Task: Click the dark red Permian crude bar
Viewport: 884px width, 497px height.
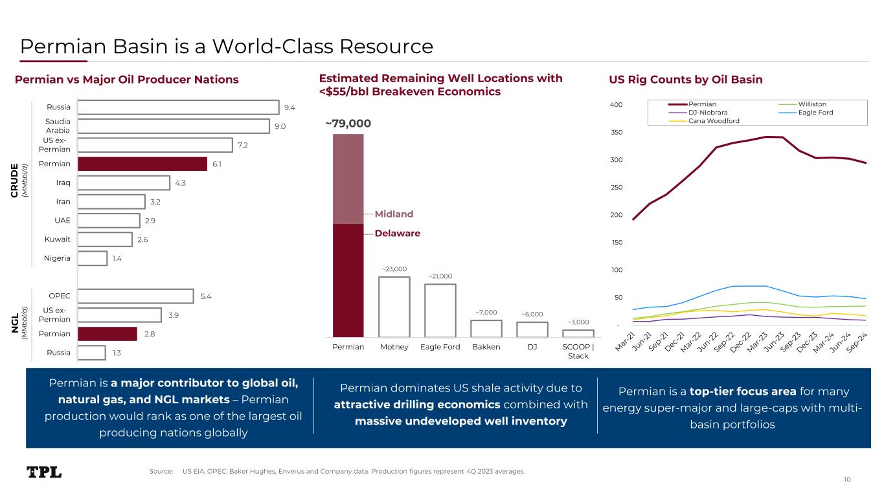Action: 142,164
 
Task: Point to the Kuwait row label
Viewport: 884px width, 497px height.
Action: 57,239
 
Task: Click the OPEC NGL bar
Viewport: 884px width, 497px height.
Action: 135,296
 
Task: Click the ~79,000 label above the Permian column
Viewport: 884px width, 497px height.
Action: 348,123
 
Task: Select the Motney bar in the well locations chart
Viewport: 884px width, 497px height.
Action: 394,307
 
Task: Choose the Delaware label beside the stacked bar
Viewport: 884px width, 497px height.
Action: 397,234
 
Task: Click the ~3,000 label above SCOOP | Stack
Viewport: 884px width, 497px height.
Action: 578,322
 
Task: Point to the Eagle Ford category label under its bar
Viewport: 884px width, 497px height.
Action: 440,348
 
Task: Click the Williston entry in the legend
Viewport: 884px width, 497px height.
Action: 812,104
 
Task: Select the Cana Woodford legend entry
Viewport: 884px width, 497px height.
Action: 714,121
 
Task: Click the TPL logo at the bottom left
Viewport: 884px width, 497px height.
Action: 44,472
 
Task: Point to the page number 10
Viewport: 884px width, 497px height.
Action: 847,480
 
